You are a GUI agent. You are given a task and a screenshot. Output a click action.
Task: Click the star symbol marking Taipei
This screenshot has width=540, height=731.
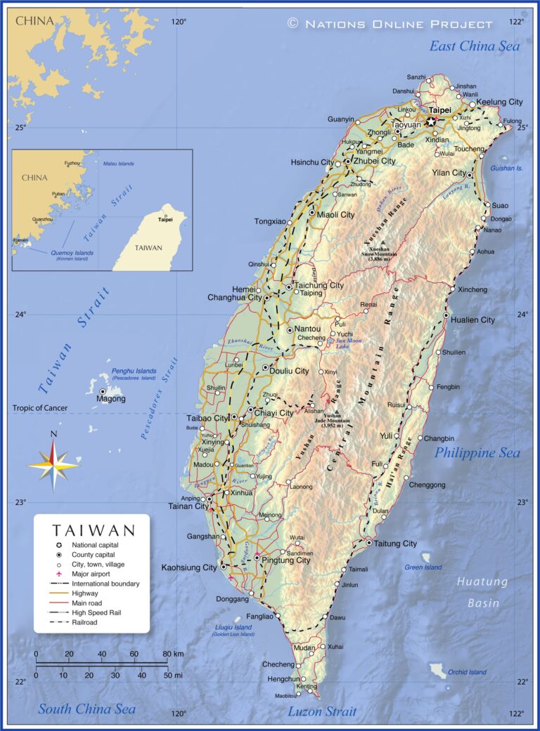(x=431, y=121)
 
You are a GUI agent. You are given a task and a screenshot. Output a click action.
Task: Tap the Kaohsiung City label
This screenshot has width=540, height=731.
(x=190, y=567)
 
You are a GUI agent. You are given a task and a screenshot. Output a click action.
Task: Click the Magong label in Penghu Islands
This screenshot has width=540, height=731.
(x=111, y=399)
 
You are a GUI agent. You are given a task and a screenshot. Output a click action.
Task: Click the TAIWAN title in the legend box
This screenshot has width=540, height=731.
(x=93, y=529)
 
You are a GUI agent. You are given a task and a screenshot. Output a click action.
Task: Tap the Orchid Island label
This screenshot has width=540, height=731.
(x=467, y=672)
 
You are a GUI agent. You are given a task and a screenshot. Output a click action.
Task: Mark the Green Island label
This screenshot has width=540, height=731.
(x=423, y=567)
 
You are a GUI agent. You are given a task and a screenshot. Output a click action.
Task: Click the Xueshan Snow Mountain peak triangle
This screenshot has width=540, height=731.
(x=382, y=242)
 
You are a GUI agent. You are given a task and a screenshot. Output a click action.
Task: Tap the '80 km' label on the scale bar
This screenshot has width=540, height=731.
(x=173, y=654)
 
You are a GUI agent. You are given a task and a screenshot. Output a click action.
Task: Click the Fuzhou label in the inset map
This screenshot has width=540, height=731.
(x=72, y=163)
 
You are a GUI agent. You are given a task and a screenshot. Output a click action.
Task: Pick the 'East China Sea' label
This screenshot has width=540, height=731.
(x=475, y=46)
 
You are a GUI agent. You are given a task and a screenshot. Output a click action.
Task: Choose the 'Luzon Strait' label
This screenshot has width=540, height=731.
(x=322, y=711)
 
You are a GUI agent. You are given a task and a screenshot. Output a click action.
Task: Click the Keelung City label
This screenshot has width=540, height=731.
(x=499, y=102)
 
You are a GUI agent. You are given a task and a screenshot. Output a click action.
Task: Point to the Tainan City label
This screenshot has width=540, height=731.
(x=188, y=506)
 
